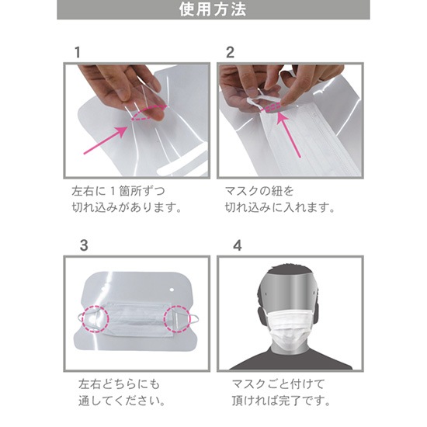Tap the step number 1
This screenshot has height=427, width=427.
pos(77,52)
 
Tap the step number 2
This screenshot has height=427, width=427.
pos(230,52)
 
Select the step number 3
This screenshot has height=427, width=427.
pos(84,245)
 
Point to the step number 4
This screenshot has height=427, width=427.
pos(238,245)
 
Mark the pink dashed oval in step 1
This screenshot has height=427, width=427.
pos(144,116)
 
